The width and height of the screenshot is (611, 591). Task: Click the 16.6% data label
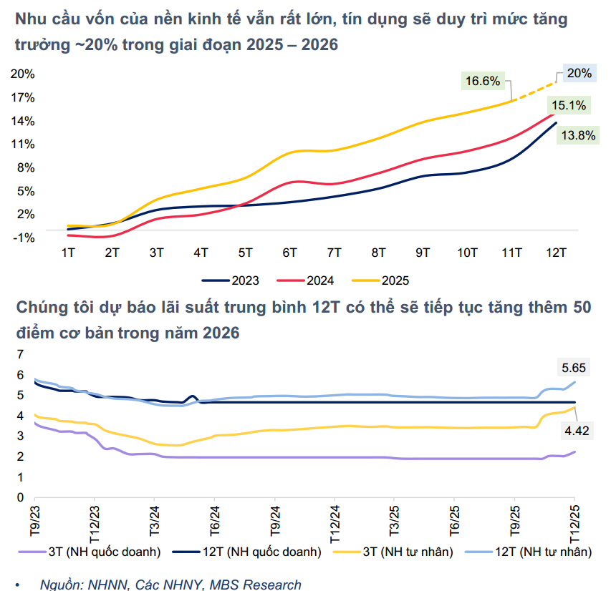point(483,81)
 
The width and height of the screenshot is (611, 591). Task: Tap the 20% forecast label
point(578,73)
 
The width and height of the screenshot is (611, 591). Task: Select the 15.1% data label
point(569,106)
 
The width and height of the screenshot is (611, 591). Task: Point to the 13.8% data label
point(577,135)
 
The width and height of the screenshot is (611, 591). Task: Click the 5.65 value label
point(574,368)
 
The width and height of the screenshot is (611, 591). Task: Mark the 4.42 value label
point(577,431)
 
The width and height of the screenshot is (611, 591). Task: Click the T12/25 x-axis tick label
point(574,522)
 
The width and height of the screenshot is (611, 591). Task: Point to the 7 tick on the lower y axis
point(20,353)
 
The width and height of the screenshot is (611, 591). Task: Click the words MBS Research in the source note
point(255,585)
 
